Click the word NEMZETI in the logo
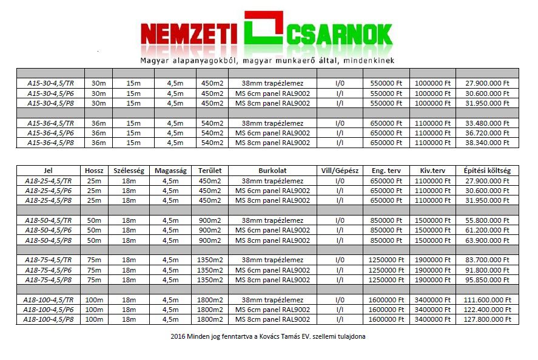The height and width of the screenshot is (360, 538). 188,35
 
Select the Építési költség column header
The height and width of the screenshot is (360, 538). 487,171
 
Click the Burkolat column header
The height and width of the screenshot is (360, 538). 272,171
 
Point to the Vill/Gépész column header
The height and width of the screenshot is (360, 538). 340,171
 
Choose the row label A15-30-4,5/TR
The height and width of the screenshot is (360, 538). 51,83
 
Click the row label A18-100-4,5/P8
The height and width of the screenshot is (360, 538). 49,319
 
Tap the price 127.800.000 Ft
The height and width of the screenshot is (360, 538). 487,319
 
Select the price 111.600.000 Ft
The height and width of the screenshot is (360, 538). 487,300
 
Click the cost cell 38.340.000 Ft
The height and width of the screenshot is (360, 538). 487,143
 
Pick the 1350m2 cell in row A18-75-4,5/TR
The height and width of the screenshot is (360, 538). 212,260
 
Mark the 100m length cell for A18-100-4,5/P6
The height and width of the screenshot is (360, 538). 94,310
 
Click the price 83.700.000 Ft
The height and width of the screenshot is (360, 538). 487,260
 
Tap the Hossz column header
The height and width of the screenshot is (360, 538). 94,171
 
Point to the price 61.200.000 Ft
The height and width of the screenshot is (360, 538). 487,230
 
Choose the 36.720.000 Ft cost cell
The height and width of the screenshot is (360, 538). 487,132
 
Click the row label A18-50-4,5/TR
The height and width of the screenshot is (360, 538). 49,220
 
